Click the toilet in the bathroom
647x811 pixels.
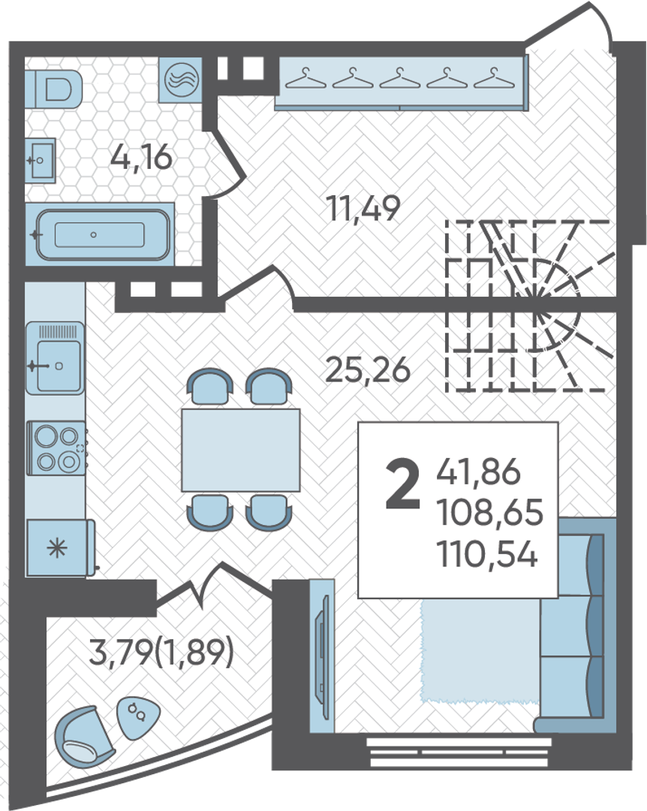[x=54, y=89]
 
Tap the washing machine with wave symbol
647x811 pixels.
[x=180, y=79]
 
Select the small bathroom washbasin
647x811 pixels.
[x=41, y=160]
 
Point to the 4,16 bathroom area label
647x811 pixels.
[x=141, y=157]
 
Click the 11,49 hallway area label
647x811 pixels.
[x=363, y=209]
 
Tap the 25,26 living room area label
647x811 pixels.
[x=367, y=369]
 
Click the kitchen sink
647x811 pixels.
[x=56, y=358]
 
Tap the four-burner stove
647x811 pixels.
[x=57, y=448]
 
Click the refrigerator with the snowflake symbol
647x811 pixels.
[x=60, y=547]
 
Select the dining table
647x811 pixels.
[x=240, y=450]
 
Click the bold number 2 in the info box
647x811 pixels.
[x=402, y=486]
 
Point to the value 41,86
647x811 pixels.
[x=478, y=472]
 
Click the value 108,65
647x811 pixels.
[x=490, y=513]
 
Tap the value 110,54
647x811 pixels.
[x=487, y=553]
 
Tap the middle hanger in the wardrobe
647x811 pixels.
[x=400, y=78]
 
